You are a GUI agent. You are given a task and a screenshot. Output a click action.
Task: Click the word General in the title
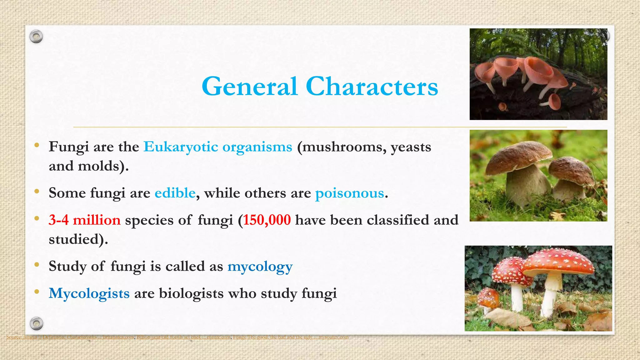coord(249,87)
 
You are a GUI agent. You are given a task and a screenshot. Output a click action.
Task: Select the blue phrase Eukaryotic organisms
coord(218,147)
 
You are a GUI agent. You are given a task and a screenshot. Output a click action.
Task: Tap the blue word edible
coord(175,193)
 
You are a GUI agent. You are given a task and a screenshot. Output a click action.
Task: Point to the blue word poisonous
coord(349,193)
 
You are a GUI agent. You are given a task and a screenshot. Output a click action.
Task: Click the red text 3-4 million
coord(84,220)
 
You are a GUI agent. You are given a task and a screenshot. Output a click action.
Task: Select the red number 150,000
coord(267,220)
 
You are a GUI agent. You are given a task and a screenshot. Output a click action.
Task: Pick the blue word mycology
coord(260,267)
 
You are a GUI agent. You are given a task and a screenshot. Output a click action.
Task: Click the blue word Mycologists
coord(89,293)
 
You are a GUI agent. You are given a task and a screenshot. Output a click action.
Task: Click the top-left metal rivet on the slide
coord(36,37)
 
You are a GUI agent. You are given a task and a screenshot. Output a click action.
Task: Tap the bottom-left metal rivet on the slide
coord(36,323)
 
